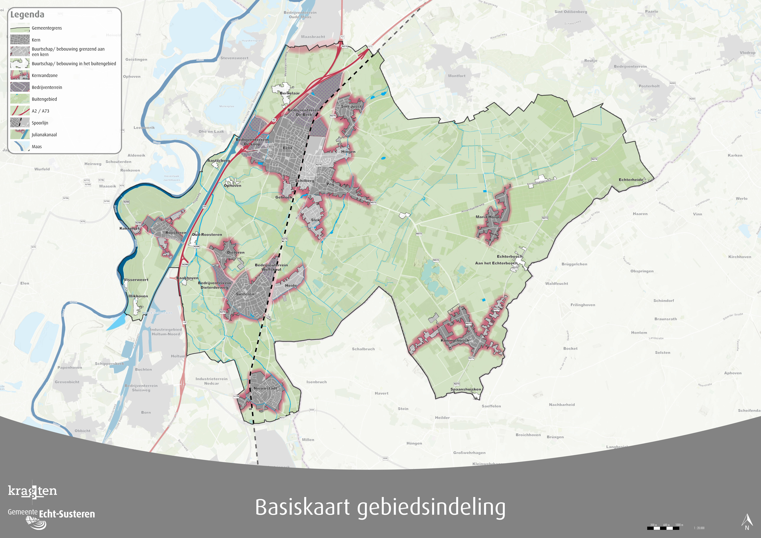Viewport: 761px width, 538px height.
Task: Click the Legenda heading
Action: point(27,15)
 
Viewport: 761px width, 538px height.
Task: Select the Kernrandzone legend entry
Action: point(44,75)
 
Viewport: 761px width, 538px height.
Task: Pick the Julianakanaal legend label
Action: point(44,135)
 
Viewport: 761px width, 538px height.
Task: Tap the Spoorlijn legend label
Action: point(40,123)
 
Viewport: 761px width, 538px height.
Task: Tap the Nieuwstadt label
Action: point(265,388)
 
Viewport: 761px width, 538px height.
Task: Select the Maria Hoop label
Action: point(487,217)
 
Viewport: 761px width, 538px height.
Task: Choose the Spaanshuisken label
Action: point(465,389)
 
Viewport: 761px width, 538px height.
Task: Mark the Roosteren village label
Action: point(176,233)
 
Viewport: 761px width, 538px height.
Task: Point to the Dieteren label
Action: point(236,252)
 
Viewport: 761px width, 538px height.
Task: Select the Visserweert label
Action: point(136,280)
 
